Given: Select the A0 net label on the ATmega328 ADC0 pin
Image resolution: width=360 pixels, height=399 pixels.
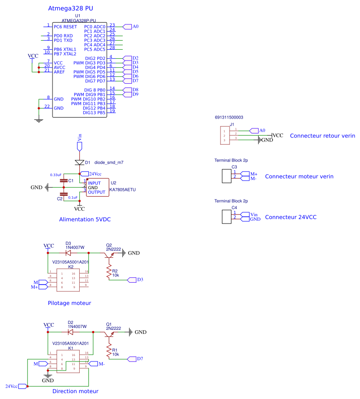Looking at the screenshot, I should point(134,27).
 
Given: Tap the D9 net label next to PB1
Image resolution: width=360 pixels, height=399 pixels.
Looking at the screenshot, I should point(135,94).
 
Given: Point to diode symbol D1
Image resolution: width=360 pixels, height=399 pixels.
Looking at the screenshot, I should point(79,162).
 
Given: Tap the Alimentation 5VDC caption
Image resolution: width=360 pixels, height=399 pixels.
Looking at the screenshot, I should point(85,219).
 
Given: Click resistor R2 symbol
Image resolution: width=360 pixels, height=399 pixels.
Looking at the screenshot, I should point(109,271).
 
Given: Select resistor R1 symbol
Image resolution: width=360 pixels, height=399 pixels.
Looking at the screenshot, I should point(109,351).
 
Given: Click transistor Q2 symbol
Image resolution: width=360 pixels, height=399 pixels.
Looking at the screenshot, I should point(109,255).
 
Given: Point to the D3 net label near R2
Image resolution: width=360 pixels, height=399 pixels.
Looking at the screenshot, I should point(139,280).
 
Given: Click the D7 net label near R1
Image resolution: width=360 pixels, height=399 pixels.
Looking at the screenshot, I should point(139,359).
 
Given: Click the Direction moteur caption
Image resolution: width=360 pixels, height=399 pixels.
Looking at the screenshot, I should point(75,391).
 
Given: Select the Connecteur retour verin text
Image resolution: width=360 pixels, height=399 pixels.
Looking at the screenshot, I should point(322,136).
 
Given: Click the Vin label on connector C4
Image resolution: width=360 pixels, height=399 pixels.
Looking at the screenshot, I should point(254,214).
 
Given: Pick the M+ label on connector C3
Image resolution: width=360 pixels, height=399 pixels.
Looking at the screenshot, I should point(253,174).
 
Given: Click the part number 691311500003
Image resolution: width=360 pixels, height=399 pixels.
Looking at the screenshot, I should point(229,117).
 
